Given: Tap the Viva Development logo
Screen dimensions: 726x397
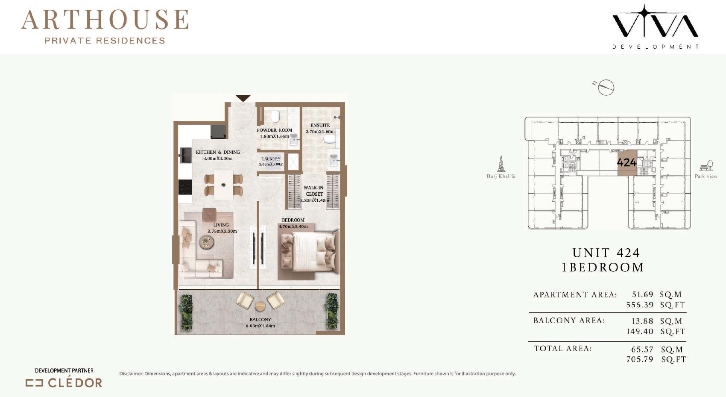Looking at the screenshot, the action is [655, 26].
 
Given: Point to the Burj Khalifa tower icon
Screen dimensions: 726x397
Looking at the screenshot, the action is [501, 164].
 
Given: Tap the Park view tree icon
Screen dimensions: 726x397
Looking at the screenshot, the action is [706, 165].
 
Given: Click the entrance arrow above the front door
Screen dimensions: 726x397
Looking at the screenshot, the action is [243, 98].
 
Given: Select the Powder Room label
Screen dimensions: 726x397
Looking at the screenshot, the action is [275, 130].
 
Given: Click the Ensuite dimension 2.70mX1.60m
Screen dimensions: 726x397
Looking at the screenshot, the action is [320, 132].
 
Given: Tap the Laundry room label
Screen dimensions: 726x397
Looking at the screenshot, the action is [271, 159].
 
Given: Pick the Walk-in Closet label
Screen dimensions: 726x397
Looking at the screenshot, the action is [314, 191].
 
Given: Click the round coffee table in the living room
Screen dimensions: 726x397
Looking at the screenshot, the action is [206, 242].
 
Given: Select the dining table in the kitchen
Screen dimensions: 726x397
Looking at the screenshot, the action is [224, 185].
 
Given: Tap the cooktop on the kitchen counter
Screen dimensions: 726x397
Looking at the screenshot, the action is [185, 187].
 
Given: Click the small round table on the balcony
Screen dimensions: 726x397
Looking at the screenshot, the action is [260, 306].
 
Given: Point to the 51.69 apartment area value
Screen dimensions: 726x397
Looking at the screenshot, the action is [643, 294].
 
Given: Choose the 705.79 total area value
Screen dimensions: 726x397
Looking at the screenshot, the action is [640, 359].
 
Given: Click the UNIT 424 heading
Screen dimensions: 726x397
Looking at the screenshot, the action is [606, 253].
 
